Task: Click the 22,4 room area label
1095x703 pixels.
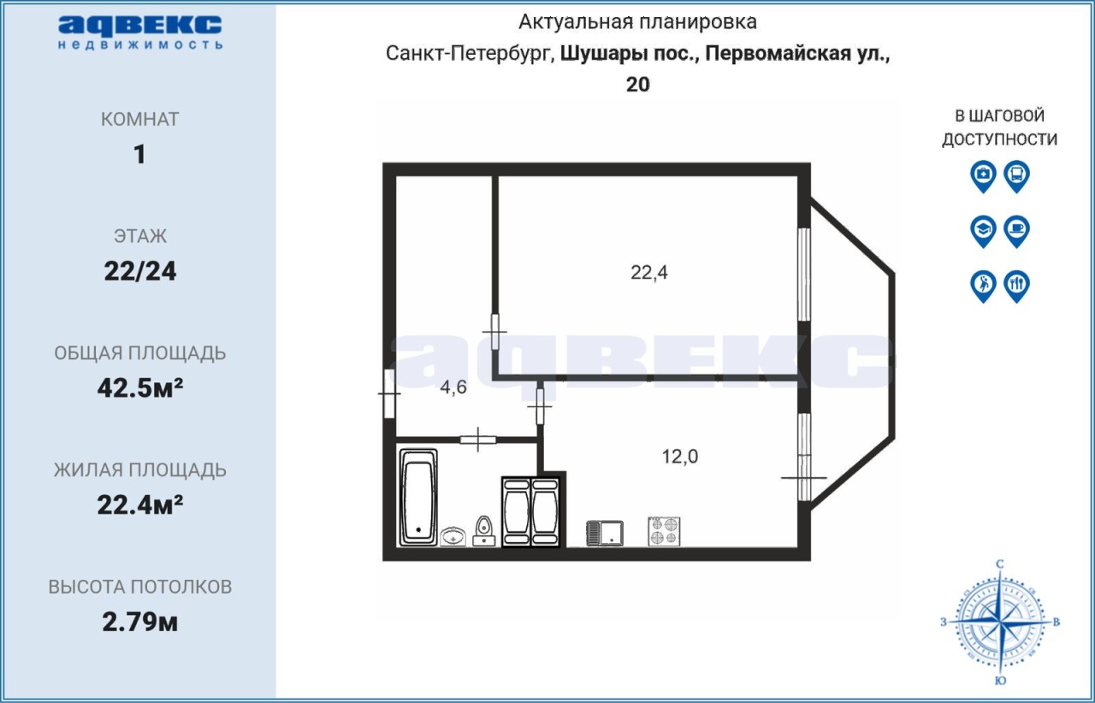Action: [648, 272]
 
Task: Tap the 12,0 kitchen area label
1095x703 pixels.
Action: [679, 456]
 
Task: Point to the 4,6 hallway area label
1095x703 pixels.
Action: [453, 387]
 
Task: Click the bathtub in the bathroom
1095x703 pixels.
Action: [418, 497]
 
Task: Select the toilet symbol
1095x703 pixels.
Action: [484, 531]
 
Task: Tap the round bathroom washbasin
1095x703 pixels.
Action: [453, 536]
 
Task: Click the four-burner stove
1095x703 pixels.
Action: [664, 531]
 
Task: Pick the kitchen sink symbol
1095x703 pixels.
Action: [605, 534]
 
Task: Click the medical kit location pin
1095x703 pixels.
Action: [983, 176]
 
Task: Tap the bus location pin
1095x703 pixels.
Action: [1017, 176]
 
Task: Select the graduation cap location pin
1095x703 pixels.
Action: [983, 231]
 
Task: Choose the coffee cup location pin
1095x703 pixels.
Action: [1017, 231]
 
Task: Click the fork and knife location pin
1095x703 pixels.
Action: [1017, 287]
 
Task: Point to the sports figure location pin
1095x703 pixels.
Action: [983, 287]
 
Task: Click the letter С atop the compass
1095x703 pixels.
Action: [1000, 564]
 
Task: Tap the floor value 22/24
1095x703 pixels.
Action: [139, 271]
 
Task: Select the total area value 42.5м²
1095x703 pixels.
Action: [139, 388]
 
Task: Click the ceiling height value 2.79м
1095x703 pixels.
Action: [139, 623]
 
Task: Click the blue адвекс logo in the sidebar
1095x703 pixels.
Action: [140, 32]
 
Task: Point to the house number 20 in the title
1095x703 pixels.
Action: [638, 85]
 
